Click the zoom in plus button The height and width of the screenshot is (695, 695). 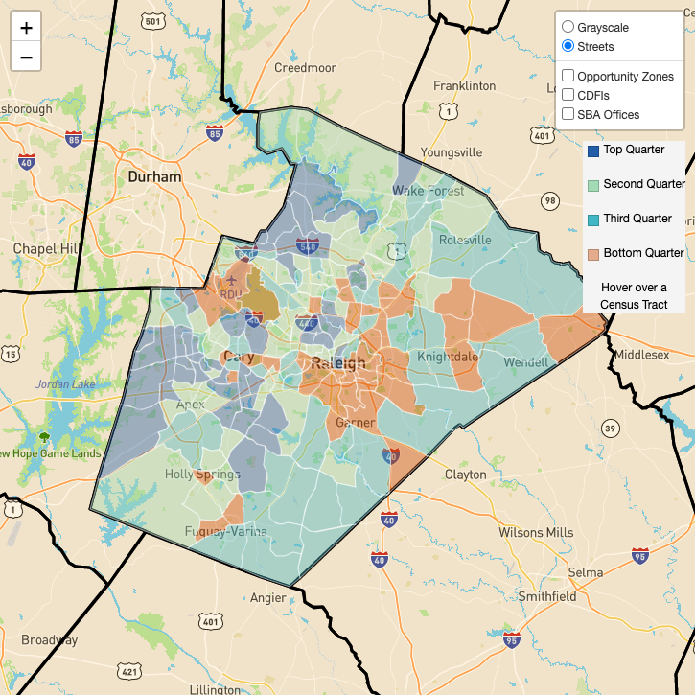(26, 28)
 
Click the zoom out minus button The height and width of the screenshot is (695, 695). (26, 57)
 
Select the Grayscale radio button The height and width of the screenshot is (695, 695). (568, 27)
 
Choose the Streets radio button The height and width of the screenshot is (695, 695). (568, 46)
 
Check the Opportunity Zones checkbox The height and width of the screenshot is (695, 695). (568, 76)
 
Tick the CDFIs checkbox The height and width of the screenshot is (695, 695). (568, 95)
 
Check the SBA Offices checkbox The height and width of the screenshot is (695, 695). (568, 114)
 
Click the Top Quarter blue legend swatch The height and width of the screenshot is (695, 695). (593, 151)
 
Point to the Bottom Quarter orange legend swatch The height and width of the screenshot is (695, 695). (593, 254)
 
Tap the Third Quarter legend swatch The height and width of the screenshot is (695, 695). (593, 220)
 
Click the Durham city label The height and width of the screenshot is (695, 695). (154, 177)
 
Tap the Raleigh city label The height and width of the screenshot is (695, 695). (338, 363)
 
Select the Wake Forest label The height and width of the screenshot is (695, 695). (428, 191)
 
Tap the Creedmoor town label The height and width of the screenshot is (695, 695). (305, 68)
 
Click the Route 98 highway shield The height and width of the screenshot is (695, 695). (549, 200)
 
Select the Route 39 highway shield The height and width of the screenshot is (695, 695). (610, 427)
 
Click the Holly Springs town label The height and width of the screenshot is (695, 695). (203, 475)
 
